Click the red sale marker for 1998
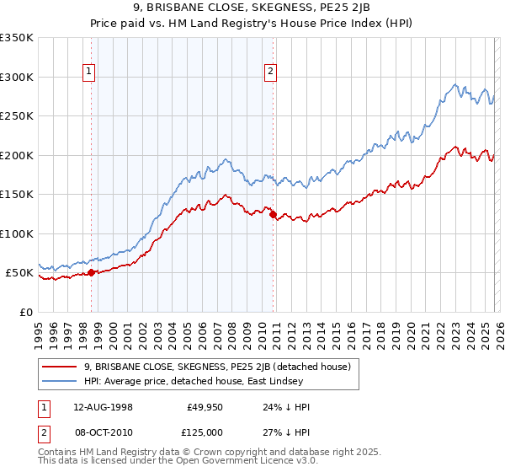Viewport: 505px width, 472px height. pyautogui.click(x=91, y=272)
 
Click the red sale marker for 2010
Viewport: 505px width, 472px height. pyautogui.click(x=273, y=214)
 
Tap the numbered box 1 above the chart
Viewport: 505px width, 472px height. pyautogui.click(x=90, y=72)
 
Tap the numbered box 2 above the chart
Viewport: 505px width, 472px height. pyautogui.click(x=271, y=72)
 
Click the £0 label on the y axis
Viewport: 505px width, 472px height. pyautogui.click(x=26, y=312)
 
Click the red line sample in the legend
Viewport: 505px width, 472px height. pyautogui.click(x=60, y=367)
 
